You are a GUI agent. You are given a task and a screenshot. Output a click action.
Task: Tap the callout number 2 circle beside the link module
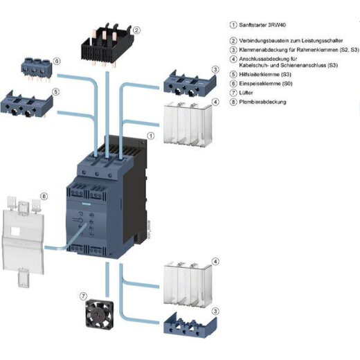(137, 30)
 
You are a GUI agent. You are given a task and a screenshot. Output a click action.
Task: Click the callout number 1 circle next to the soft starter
(151, 136)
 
